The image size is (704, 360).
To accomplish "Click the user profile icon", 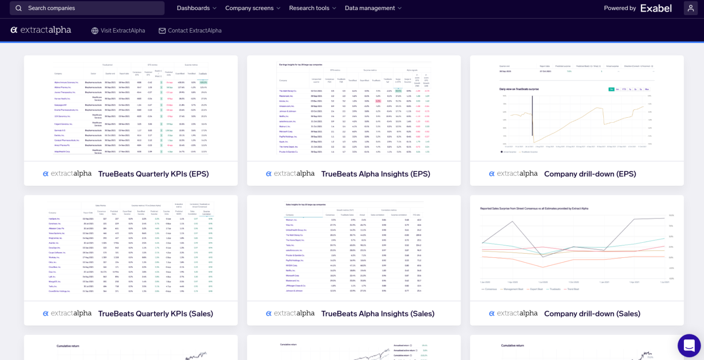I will (691, 8).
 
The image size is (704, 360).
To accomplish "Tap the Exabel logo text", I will (656, 8).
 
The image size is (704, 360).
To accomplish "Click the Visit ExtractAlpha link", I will (122, 31).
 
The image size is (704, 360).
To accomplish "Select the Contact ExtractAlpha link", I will (194, 31).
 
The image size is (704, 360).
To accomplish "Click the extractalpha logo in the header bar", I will (41, 30).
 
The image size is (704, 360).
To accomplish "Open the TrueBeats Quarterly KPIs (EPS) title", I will (154, 174).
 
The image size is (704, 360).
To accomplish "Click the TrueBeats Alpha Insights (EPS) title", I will (375, 174).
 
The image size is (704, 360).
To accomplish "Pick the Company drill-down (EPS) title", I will (590, 174).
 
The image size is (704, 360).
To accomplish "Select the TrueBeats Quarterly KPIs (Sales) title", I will (155, 314).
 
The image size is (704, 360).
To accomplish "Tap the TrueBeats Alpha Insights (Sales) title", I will (378, 314).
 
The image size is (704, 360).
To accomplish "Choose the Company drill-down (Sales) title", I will (592, 314).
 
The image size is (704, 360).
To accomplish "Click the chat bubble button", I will (689, 345).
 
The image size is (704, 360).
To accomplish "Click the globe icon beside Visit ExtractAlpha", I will (95, 31).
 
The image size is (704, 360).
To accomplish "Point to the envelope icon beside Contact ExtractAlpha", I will (162, 31).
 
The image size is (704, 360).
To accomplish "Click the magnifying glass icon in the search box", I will (19, 8).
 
